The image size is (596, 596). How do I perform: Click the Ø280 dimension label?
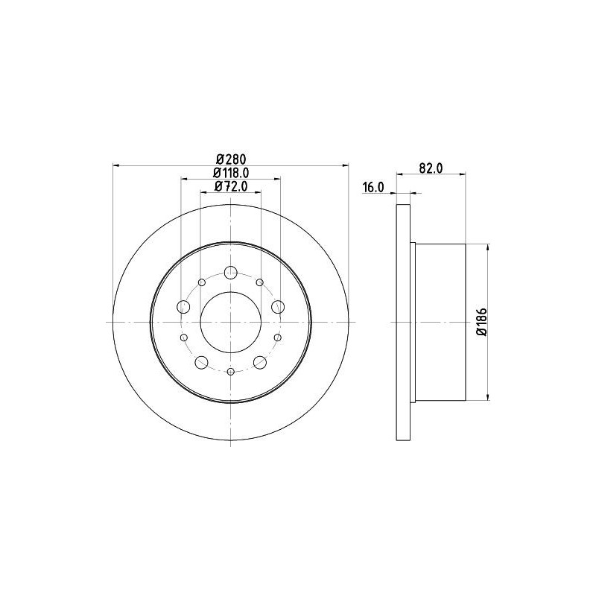coord(231,159)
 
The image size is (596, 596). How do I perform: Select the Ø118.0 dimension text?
coord(231,173)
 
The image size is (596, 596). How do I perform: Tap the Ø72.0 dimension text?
coord(231,186)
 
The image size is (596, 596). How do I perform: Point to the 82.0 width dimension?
coord(431,168)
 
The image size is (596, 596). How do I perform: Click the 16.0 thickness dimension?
coord(374,187)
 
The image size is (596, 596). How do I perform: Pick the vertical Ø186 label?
coord(482,322)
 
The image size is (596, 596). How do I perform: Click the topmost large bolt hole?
coord(231,272)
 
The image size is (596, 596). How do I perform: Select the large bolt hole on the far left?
coord(183,306)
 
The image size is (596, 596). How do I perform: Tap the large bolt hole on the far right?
coord(278,306)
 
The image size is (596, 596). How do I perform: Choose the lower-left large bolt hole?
coord(201,362)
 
